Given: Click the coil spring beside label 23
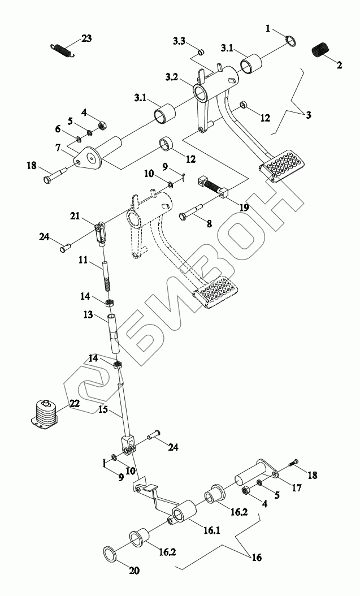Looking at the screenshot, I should tap(63, 49).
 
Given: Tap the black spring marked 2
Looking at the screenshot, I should tap(320, 49).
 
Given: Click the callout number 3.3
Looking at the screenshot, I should tap(179, 42).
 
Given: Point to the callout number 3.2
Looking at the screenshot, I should tap(173, 76).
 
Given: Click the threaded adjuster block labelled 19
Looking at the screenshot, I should tap(213, 187).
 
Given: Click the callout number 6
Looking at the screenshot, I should tap(58, 129).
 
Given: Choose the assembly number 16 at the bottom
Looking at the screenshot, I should tap(257, 558).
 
